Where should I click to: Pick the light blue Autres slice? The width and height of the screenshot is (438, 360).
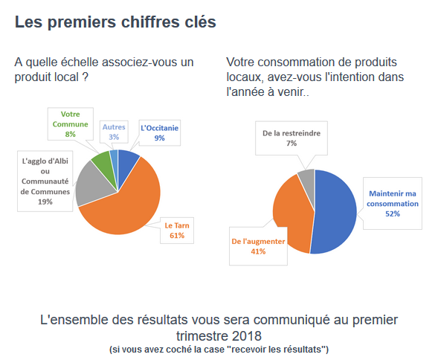(x=114, y=162)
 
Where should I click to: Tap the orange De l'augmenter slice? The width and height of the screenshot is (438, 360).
(x=293, y=213)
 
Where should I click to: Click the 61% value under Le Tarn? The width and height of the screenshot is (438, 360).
(x=177, y=236)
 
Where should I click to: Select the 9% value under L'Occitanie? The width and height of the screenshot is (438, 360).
(x=159, y=138)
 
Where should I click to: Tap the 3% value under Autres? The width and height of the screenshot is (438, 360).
(x=114, y=137)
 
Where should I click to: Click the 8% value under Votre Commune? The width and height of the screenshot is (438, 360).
(x=71, y=134)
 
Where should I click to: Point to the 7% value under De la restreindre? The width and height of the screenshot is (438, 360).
(x=292, y=144)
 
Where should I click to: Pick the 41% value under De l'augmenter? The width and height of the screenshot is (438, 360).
(x=258, y=251)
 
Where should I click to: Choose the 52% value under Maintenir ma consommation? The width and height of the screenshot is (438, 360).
(x=393, y=213)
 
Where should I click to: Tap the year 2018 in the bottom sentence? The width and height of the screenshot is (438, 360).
(x=246, y=335)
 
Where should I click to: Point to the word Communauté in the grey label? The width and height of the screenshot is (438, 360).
(x=45, y=181)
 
